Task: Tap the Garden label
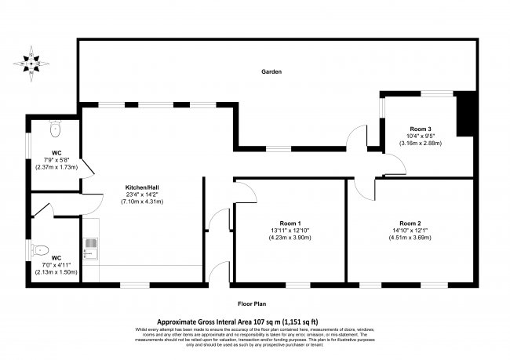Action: click(271, 71)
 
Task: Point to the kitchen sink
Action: click(89, 247)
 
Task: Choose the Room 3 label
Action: click(421, 129)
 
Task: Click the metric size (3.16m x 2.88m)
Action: click(421, 144)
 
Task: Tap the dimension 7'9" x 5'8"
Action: click(56, 160)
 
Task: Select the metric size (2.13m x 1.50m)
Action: click(56, 271)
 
